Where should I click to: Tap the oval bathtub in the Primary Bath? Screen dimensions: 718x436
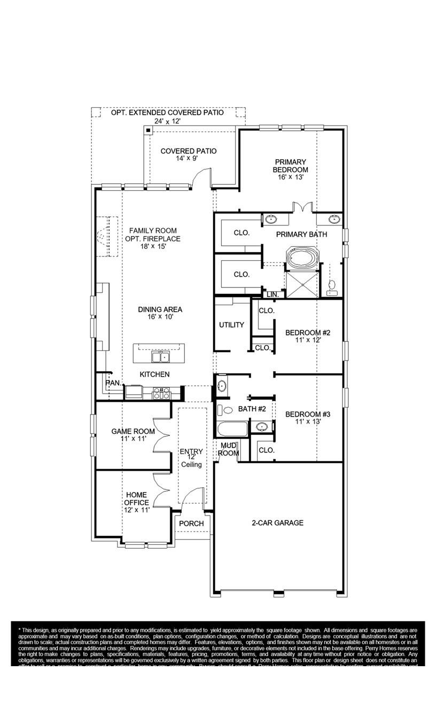point(302,257)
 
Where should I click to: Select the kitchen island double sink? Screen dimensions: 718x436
point(159,356)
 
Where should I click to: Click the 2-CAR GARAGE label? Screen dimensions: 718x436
point(277,523)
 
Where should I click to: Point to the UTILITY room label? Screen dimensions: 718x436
point(231,325)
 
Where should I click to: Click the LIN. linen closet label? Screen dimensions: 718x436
point(272,294)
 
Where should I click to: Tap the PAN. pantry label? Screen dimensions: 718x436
point(113,383)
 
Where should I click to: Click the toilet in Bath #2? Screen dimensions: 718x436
point(227,410)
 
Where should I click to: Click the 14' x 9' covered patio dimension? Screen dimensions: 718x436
point(189,159)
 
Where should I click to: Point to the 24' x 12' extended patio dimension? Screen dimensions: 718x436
point(167,121)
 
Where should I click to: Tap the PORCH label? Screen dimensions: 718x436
point(191,524)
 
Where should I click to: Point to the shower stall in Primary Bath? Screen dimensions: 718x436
point(302,284)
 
